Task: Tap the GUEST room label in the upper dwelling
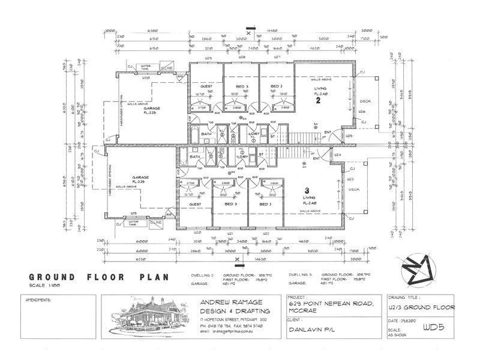[206, 87]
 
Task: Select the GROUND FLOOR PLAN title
[96, 277]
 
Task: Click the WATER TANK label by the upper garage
[143, 68]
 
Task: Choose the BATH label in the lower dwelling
[195, 157]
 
